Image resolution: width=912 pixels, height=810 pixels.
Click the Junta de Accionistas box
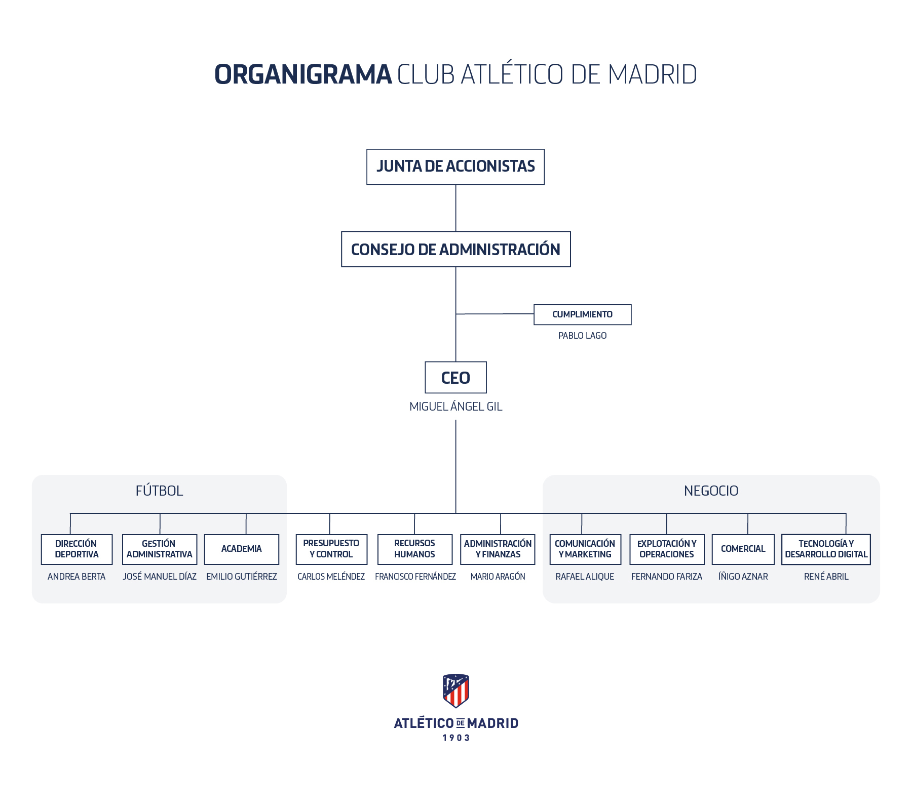pos(455,167)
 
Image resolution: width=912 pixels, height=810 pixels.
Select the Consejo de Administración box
pos(455,249)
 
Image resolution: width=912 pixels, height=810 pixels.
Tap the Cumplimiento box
pos(582,314)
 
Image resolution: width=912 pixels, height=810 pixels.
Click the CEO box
pos(455,378)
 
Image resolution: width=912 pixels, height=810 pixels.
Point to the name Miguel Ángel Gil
pos(455,407)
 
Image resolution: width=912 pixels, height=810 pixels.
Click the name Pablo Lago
pos(582,336)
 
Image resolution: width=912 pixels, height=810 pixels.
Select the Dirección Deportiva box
pos(77,549)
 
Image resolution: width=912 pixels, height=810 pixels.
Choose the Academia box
pos(241,549)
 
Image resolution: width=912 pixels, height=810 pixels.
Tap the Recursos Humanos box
pos(414,549)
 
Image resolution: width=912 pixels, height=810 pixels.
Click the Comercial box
pos(743,549)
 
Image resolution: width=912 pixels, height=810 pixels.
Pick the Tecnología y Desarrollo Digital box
pos(826,549)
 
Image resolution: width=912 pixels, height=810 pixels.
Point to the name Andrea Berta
pos(77,577)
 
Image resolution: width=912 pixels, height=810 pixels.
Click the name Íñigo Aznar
pos(743,577)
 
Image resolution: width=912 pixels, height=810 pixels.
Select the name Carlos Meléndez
pos(331,577)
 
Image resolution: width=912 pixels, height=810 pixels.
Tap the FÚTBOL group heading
pos(159,491)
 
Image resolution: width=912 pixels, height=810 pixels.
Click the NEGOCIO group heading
pos(711,491)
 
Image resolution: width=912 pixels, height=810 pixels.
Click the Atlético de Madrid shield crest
pos(455,691)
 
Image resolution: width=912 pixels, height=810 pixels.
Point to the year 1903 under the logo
pos(456,738)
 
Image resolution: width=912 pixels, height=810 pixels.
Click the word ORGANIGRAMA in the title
pos(303,74)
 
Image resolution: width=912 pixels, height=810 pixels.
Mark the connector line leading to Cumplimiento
pos(495,314)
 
